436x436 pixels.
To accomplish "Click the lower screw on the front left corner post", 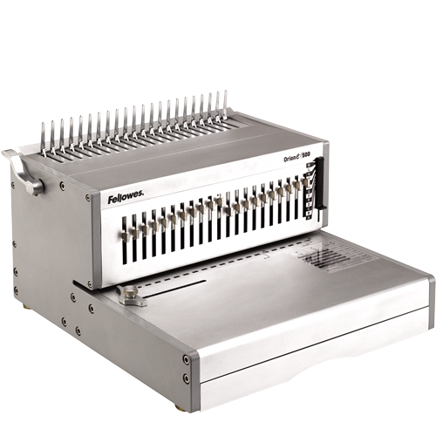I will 186,378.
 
